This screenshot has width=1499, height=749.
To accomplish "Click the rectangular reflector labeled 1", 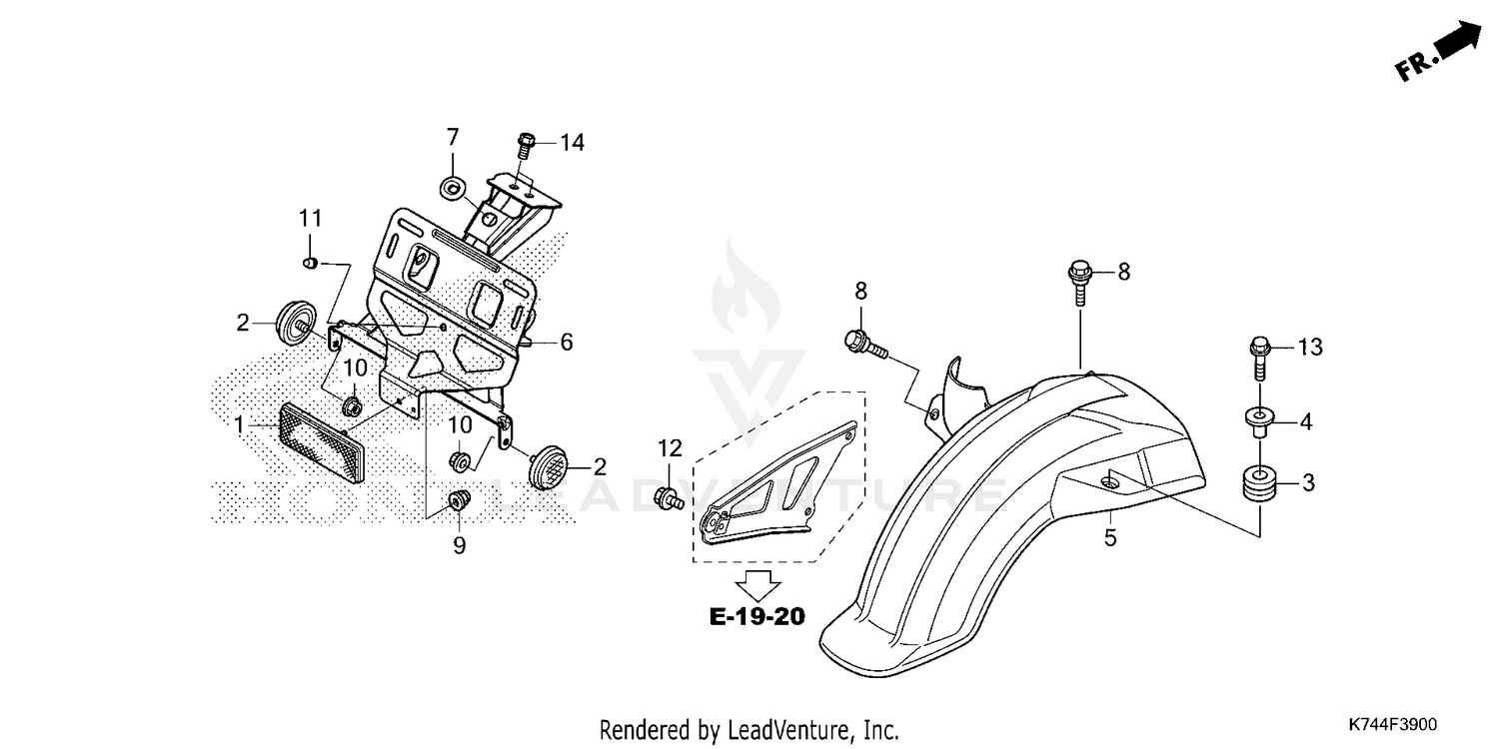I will coord(322,441).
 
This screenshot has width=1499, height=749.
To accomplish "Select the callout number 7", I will coord(452,137).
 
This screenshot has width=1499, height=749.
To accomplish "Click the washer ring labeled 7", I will coord(452,187).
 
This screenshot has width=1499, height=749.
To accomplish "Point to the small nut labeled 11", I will coord(310,263).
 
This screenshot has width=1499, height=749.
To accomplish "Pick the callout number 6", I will coord(566,343).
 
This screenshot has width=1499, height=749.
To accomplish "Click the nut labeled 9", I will coord(459,500).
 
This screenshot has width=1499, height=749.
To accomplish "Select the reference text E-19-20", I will coord(756,616).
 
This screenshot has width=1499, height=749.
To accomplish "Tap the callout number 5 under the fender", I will coord(1110,538).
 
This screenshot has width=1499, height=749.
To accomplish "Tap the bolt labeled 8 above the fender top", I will coord(1079,276).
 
